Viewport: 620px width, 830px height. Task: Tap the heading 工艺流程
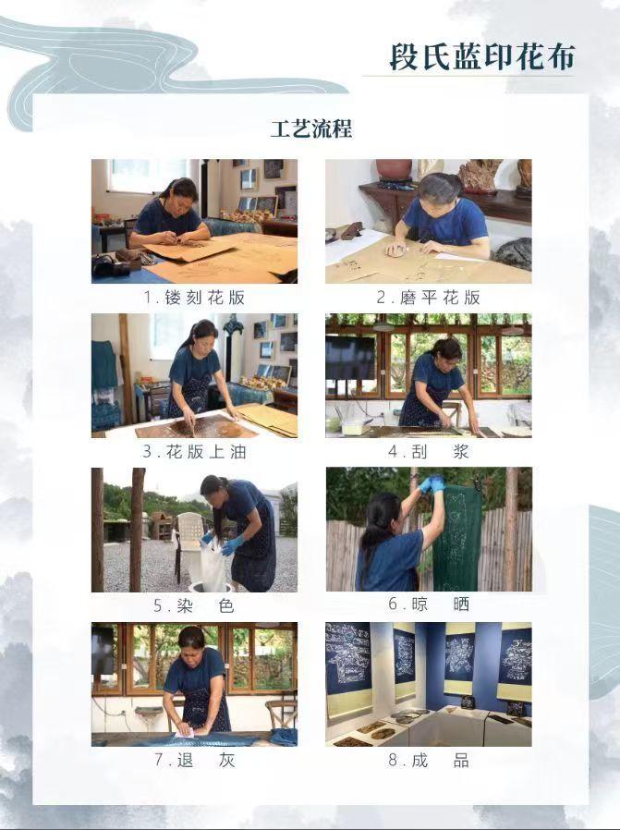click(x=311, y=128)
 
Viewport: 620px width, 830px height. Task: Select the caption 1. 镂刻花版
click(x=194, y=298)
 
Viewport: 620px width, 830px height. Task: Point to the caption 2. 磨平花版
click(x=428, y=298)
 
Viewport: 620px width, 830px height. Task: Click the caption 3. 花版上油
click(x=194, y=452)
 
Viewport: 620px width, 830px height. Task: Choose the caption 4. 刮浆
click(x=428, y=452)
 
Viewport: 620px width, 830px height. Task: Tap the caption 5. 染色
click(x=194, y=606)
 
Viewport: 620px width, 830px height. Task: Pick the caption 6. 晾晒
click(x=428, y=604)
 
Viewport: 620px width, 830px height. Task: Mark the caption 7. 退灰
click(x=194, y=760)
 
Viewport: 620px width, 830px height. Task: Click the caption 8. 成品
click(x=428, y=760)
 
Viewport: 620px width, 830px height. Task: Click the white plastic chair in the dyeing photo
click(x=189, y=536)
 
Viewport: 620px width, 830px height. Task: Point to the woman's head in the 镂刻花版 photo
click(x=182, y=192)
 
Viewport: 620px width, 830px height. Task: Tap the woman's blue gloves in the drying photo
click(x=431, y=483)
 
